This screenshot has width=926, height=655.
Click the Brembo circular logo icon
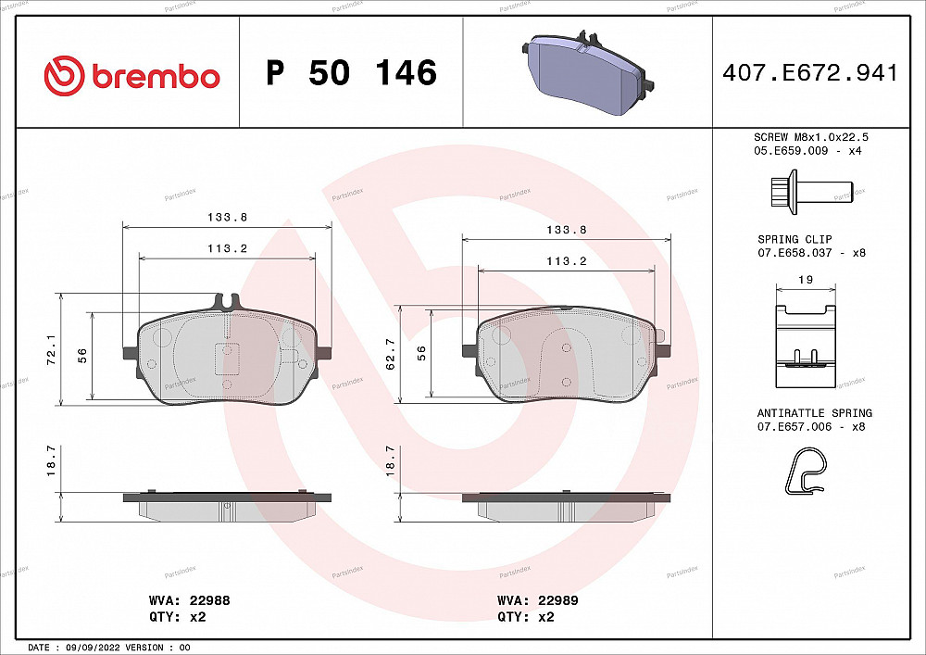[x=64, y=74]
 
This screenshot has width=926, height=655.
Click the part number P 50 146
[x=351, y=73]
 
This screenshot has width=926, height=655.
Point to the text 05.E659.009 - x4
[x=807, y=150]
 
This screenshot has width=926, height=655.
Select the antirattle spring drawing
[x=805, y=470]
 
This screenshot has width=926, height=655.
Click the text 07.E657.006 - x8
[x=807, y=426]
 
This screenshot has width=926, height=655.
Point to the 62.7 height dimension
[x=390, y=354]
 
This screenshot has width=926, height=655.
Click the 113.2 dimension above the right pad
[x=567, y=261]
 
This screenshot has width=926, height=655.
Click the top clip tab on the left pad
[x=227, y=302]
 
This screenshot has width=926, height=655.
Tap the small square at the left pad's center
[x=227, y=356]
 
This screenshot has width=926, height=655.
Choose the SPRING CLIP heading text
[x=794, y=239]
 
